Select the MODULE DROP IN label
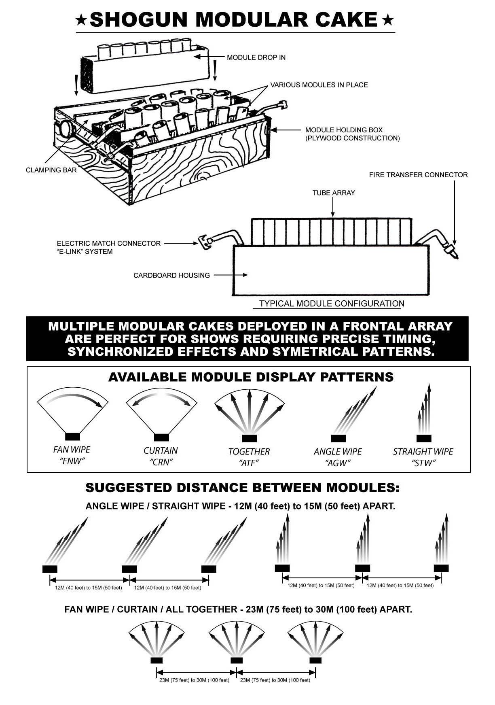point(256,57)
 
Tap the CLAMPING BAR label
point(51,170)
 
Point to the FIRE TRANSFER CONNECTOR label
point(418,175)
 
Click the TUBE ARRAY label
point(333,193)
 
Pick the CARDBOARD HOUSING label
point(171,276)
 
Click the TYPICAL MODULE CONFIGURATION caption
point(331,304)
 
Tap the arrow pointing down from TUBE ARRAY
point(333,208)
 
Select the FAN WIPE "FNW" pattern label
point(72,455)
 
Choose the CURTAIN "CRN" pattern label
point(161,456)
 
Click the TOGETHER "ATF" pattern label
point(249,457)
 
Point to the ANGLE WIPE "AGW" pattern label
point(338,457)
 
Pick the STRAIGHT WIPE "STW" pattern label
point(423,457)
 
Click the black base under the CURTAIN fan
point(161,437)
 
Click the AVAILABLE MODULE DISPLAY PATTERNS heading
point(251,377)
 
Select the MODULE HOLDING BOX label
point(352,134)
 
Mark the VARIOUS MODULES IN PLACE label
point(319,85)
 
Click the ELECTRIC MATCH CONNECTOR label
point(108,247)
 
